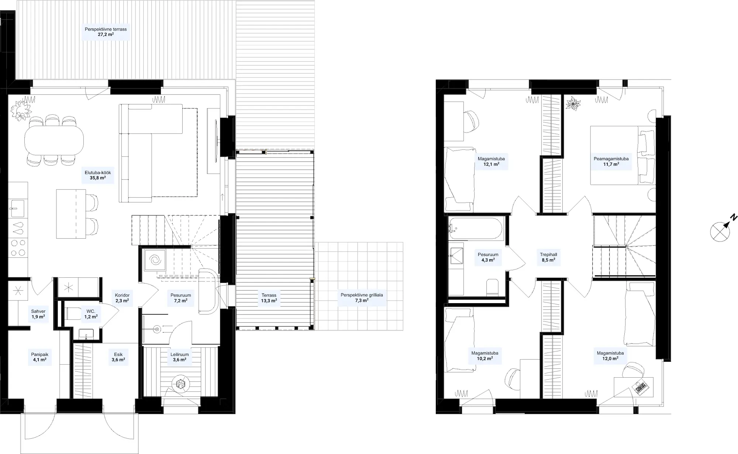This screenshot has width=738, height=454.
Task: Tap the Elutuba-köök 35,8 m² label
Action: click(x=98, y=175)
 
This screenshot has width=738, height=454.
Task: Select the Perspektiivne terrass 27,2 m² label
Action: click(x=106, y=32)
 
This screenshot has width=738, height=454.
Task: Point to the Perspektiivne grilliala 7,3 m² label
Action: click(x=362, y=298)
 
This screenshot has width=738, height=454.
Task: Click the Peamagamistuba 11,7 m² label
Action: click(x=611, y=162)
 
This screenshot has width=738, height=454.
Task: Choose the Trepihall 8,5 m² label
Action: click(x=548, y=257)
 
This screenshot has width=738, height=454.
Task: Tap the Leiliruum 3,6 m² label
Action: click(x=179, y=357)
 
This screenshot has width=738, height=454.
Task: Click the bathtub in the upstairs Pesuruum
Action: click(x=475, y=229)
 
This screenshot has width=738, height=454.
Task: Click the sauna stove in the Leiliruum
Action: click(x=180, y=385)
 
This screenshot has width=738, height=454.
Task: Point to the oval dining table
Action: click(x=54, y=140)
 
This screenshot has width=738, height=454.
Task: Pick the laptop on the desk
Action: click(x=641, y=387)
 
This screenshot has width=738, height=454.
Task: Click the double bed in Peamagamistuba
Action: click(x=623, y=155)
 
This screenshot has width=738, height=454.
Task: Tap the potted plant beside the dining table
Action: click(x=20, y=110)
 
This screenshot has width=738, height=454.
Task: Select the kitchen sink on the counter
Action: click(x=17, y=209)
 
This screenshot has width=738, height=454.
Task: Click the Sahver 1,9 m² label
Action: click(x=38, y=314)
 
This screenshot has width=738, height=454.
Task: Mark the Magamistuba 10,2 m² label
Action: click(x=485, y=356)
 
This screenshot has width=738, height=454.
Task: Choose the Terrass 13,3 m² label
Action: click(x=269, y=298)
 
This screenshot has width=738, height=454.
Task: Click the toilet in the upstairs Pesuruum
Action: click(x=492, y=287)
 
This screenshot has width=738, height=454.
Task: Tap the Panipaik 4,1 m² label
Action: click(x=39, y=357)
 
